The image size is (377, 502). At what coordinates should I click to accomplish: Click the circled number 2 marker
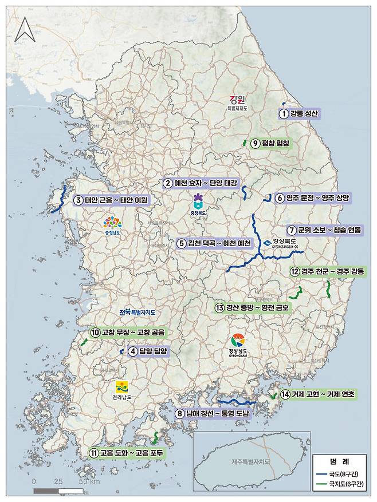(167, 183)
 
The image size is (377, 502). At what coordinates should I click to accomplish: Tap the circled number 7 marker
(291, 230)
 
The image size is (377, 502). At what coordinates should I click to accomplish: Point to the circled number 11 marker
(93, 453)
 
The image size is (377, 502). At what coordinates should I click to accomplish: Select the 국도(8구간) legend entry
(341, 473)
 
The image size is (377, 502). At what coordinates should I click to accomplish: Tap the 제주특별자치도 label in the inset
(251, 461)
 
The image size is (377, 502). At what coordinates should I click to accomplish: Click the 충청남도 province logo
(112, 225)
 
